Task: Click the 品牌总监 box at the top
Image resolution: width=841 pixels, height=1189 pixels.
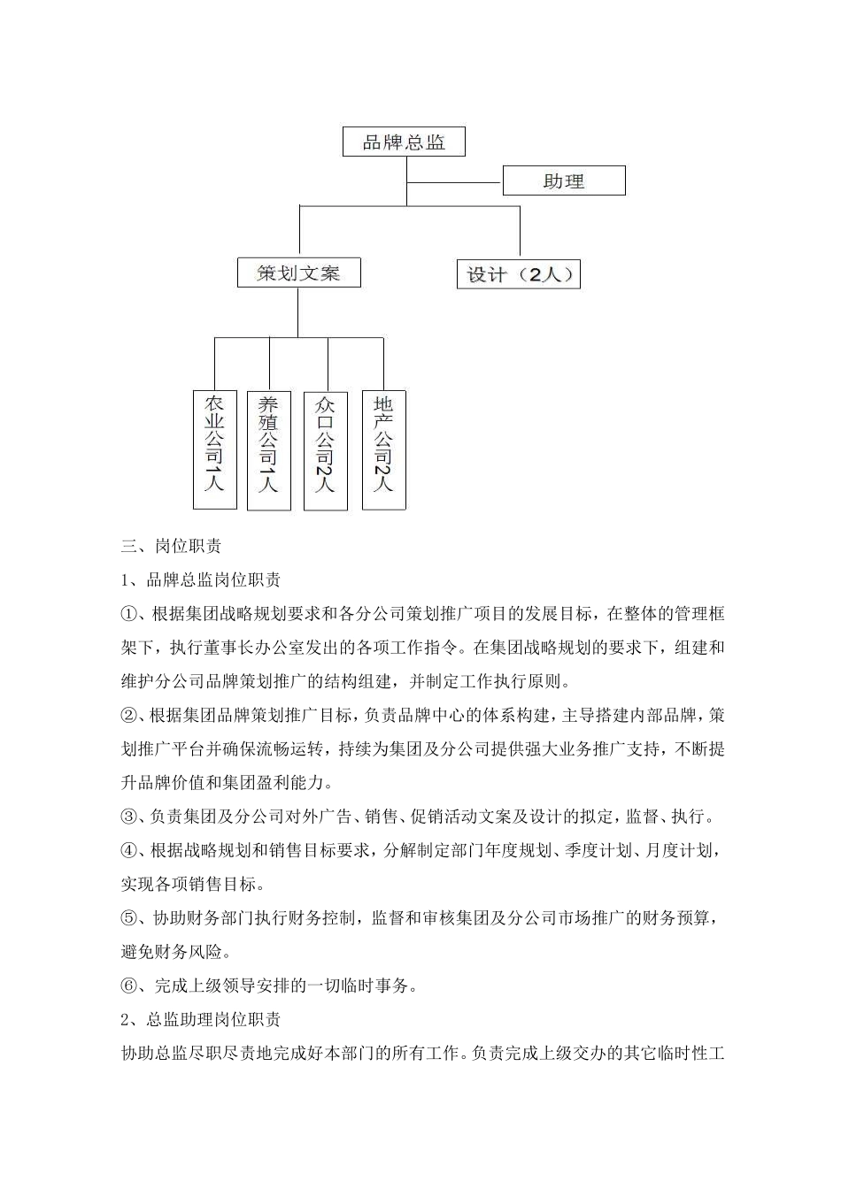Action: (404, 142)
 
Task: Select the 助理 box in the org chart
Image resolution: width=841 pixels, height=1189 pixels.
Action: (564, 181)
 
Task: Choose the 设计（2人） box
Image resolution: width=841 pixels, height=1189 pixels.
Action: (519, 274)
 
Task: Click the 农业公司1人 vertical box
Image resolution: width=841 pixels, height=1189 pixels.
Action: (215, 449)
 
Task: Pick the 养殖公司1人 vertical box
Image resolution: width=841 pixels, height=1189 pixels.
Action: (268, 449)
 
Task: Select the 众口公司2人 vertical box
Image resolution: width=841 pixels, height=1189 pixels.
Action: (326, 449)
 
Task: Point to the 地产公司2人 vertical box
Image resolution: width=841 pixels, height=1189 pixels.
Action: (383, 449)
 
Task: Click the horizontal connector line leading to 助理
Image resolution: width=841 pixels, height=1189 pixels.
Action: (454, 182)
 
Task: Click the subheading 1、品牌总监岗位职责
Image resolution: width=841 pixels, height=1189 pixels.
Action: (200, 579)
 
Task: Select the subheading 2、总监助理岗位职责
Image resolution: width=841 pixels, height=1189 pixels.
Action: (200, 1019)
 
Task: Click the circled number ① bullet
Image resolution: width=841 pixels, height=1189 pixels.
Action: (128, 614)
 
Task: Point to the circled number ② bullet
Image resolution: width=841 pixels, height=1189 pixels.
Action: (128, 715)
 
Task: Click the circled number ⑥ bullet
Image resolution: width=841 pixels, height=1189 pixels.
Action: (128, 986)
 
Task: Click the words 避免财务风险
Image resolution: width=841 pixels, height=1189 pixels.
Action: (173, 952)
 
